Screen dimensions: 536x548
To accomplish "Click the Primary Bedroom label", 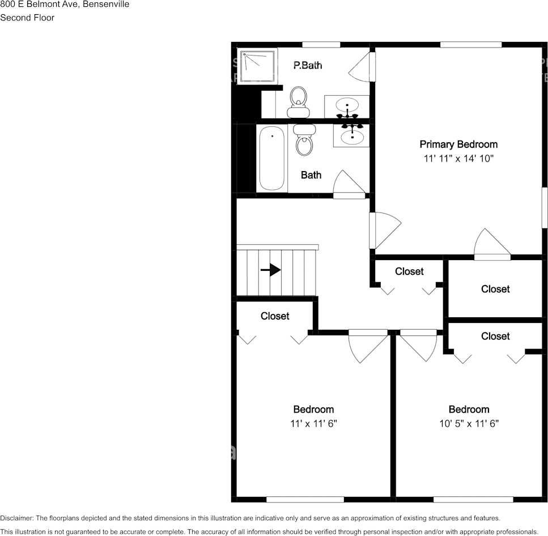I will (458, 144).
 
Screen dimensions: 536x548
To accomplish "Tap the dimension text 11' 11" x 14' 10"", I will (458, 159).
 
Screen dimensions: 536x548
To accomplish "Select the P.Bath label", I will (308, 66).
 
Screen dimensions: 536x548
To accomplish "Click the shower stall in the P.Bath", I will (258, 67).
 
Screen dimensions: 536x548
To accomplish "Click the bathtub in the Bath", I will (272, 158).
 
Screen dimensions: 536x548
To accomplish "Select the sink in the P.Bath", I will (347, 105).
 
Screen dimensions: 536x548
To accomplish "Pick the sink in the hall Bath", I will (351, 135).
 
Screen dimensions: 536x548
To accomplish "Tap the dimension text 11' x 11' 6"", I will (313, 423).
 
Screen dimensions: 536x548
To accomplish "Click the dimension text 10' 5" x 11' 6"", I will (469, 423).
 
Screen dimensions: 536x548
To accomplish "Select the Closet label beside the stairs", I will (275, 316).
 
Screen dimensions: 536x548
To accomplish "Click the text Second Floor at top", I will (27, 18).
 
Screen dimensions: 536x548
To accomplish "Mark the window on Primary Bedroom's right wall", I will (545, 208).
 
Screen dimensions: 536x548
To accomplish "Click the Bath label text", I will (311, 175).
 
